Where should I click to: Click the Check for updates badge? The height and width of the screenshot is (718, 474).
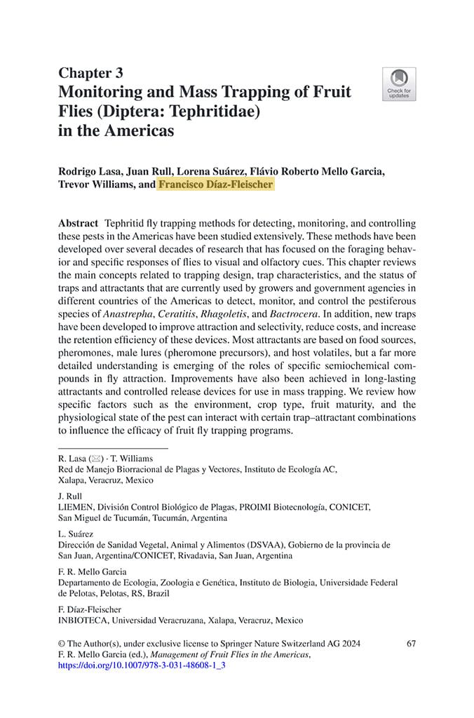pos(399,84)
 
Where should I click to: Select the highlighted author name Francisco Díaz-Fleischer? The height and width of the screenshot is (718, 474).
pos(216,185)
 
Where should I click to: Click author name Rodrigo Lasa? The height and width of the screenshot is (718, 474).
pos(93,171)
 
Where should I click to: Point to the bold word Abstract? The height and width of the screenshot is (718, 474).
pos(79,222)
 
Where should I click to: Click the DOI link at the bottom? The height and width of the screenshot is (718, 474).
pos(142,665)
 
